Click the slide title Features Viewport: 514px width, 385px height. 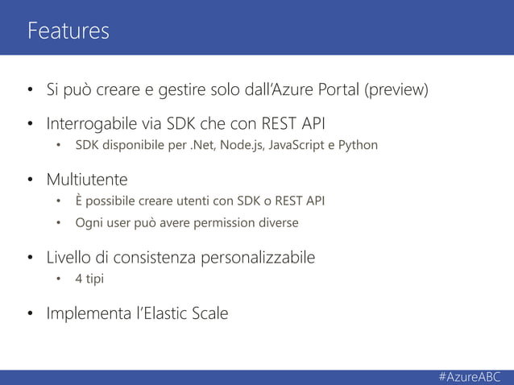pyautogui.click(x=68, y=31)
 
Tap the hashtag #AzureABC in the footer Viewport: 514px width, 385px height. pyautogui.click(x=470, y=377)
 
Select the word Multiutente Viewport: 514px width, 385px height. pyautogui.click(x=87, y=178)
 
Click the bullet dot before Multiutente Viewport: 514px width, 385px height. pyautogui.click(x=30, y=178)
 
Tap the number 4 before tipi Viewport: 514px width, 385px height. pyautogui.click(x=79, y=279)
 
